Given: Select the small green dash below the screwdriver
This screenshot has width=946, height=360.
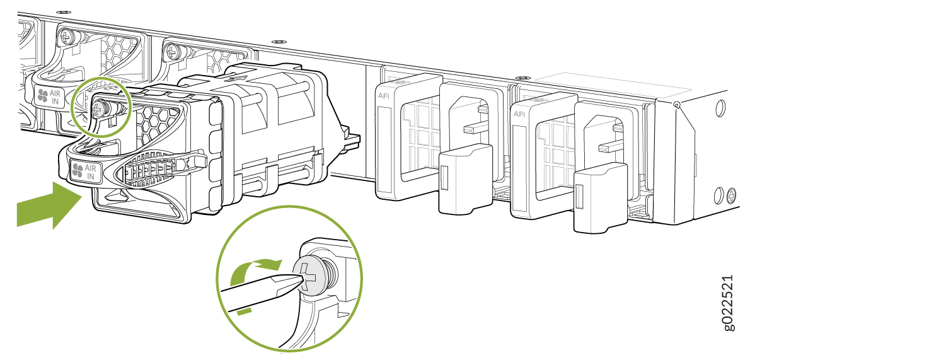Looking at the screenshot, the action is tap(245, 312).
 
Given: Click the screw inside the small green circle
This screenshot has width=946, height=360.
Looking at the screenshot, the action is tap(100, 109).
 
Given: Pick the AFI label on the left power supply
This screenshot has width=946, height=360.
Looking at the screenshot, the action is tap(383, 96).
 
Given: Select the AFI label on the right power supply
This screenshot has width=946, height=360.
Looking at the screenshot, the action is tap(519, 114).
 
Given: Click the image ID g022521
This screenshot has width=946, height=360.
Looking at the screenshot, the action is tap(728, 303).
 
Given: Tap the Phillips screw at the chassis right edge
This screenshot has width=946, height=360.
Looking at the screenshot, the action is tap(732, 195).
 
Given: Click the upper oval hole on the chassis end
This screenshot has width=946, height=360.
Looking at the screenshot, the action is tap(722, 108).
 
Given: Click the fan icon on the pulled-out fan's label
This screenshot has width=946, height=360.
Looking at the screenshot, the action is tap(78, 171).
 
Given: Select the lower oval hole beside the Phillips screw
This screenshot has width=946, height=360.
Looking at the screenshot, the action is tap(718, 195).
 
